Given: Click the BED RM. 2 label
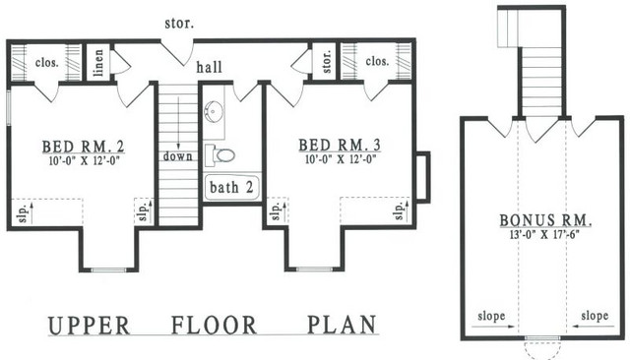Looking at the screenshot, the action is [x=83, y=147].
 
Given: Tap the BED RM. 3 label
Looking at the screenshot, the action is [x=340, y=146].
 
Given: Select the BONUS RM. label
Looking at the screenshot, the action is [x=546, y=220].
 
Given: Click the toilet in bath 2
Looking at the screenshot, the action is [x=220, y=155].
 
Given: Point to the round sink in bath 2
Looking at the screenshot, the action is [x=212, y=111].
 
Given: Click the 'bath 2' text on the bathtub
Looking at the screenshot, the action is [x=232, y=187].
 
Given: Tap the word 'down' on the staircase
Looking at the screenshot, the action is [x=177, y=156].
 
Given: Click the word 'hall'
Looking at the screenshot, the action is [x=209, y=67].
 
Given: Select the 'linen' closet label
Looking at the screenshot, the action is [x=98, y=63].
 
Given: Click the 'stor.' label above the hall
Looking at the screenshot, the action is [x=179, y=24].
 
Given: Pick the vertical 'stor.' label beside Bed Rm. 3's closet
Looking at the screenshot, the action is [x=327, y=61].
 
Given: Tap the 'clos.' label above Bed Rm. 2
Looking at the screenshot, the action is [x=47, y=63].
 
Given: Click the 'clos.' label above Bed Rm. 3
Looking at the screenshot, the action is [x=377, y=61].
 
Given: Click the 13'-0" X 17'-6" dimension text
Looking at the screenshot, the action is [x=543, y=234].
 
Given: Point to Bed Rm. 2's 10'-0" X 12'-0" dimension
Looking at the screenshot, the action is [x=85, y=161].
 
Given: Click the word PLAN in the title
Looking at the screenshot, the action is [x=343, y=325].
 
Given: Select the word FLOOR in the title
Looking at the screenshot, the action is [x=215, y=326].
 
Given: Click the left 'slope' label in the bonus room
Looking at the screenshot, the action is [x=491, y=316].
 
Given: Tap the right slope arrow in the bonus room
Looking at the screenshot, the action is [x=594, y=327].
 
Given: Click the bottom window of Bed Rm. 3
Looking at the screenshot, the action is [x=315, y=269].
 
